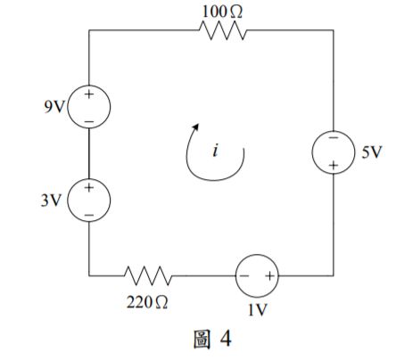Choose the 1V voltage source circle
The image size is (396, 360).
(x=257, y=274)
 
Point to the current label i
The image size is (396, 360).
(x=215, y=151)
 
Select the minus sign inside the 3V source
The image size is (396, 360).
(x=90, y=212)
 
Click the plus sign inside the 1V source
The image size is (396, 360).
(x=269, y=274)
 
